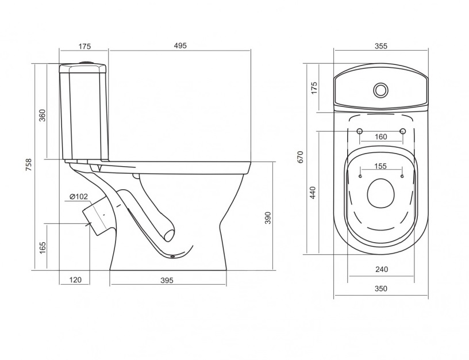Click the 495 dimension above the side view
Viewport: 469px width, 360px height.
coord(180,45)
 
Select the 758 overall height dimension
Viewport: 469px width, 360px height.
coord(28,164)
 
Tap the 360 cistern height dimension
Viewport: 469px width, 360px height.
coord(43,115)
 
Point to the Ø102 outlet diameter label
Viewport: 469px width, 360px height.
coord(79,197)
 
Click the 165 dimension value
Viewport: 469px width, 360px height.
coord(43,248)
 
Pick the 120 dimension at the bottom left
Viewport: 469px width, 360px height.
coord(75,280)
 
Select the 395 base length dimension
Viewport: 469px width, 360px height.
coord(167,280)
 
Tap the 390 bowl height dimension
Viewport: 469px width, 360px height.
coord(268,218)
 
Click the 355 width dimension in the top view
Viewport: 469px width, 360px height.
coord(380,46)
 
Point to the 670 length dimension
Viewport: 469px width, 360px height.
coord(301,157)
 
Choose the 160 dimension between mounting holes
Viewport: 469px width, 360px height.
coord(380,137)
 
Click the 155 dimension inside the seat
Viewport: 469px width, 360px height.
coord(380,166)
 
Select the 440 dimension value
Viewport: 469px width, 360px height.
coord(313,193)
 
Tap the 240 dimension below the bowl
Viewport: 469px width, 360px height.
coord(382,269)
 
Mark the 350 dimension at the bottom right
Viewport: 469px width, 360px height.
coord(380,288)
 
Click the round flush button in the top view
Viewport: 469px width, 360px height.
coord(380,90)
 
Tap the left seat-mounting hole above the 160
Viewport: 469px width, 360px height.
coord(360,131)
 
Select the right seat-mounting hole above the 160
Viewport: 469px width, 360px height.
coord(402,131)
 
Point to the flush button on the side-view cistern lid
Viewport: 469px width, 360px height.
coord(87,62)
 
